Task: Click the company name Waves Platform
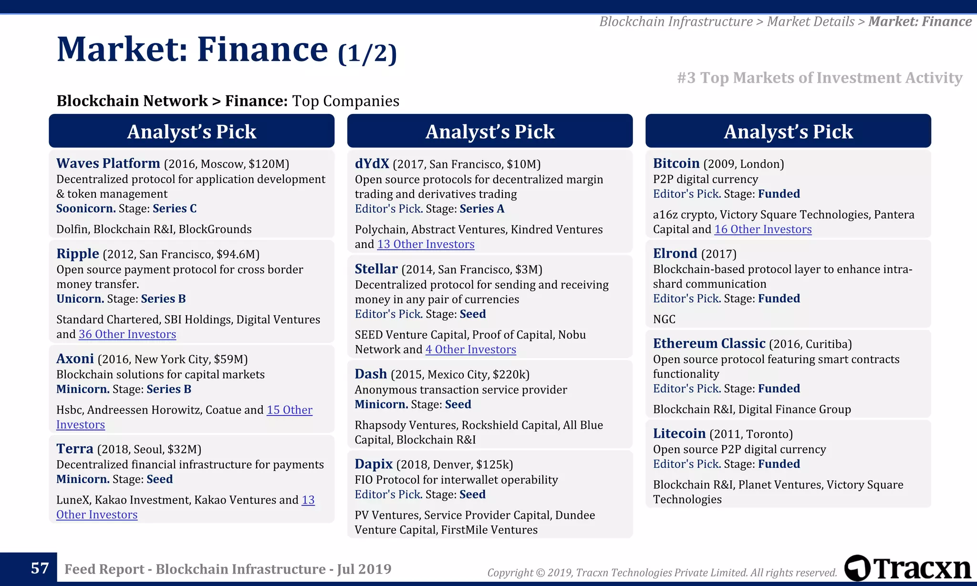[108, 164]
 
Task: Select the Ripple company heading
[78, 254]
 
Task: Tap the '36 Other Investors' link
[127, 334]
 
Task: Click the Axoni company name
[75, 359]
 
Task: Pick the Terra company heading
[74, 449]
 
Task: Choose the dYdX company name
[372, 164]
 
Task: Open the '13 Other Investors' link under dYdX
[426, 244]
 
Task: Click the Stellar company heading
[376, 269]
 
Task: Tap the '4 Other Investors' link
[470, 350]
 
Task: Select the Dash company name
[371, 374]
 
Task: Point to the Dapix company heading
[374, 464]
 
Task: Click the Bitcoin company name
[676, 164]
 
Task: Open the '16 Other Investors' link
[762, 229]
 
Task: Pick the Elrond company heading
[675, 253]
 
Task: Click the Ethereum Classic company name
[709, 343]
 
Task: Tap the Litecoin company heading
[679, 433]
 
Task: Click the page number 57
[40, 568]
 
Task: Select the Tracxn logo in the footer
[907, 568]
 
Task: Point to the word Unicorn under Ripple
[80, 298]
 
